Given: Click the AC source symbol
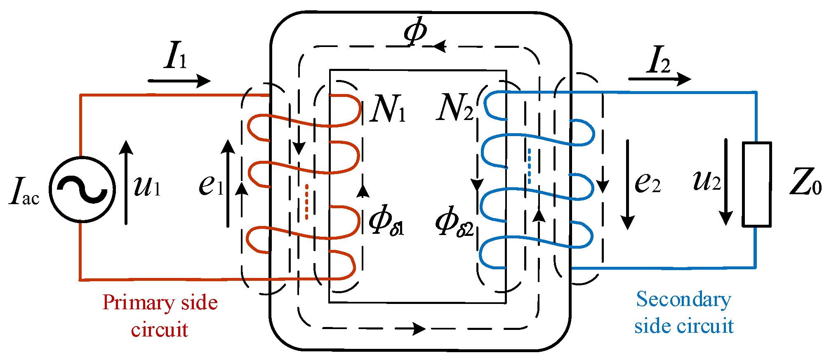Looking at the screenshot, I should click(x=82, y=189).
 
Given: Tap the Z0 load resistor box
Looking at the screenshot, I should click(x=756, y=184).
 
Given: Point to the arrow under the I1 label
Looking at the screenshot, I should click(x=179, y=81).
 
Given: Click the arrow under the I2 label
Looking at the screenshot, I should click(x=660, y=78).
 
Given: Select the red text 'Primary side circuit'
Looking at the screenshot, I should click(x=160, y=316).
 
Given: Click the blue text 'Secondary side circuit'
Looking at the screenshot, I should click(x=684, y=312).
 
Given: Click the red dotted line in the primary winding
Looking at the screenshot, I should click(x=306, y=202).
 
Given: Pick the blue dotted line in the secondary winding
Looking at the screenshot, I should click(x=530, y=166).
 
